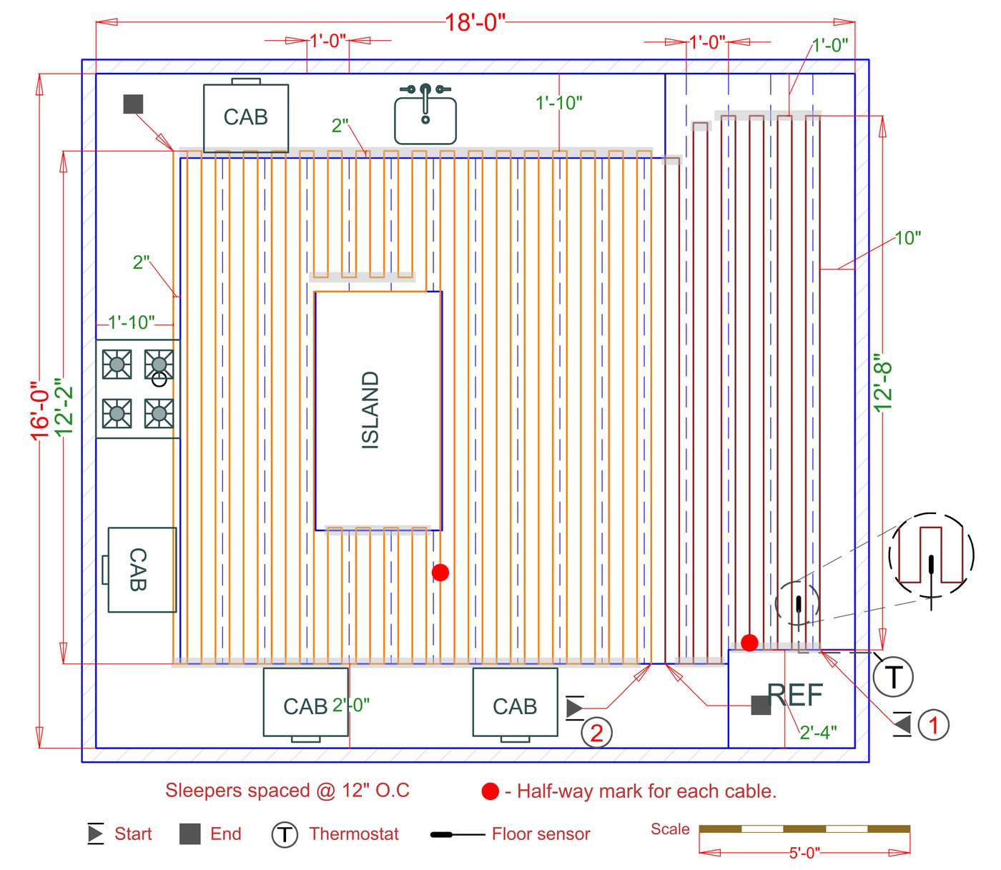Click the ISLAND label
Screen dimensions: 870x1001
(x=370, y=410)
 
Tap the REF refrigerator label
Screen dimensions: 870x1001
(x=795, y=695)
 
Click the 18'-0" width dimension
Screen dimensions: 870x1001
(x=475, y=23)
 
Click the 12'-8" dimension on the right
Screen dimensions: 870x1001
(x=884, y=386)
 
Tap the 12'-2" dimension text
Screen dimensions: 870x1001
(x=64, y=407)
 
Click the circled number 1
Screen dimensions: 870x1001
(x=932, y=725)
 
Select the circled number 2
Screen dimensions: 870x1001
(x=596, y=733)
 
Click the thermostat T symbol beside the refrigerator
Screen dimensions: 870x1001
(x=893, y=676)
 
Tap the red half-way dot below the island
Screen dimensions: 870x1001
(x=440, y=573)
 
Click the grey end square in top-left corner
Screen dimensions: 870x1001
(x=133, y=104)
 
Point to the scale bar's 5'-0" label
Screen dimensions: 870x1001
(x=804, y=853)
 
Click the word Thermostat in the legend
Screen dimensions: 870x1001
(x=354, y=834)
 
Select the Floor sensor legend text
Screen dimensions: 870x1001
(x=541, y=834)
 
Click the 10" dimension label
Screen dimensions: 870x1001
(x=907, y=238)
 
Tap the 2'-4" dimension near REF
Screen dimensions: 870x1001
(x=818, y=733)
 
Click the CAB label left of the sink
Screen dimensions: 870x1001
(x=245, y=117)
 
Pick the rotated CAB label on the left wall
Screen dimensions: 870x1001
(x=138, y=570)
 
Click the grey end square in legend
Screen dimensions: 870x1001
(x=189, y=834)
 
